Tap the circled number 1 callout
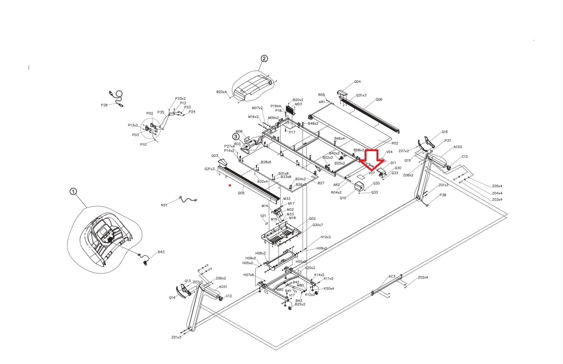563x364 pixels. [73, 191]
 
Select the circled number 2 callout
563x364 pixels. [264, 59]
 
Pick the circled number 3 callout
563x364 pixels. [236, 137]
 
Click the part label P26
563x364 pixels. [104, 105]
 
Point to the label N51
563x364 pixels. [164, 205]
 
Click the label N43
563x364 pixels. [161, 252]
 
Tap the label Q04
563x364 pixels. [357, 82]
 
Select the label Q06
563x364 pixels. [379, 99]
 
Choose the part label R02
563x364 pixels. [395, 143]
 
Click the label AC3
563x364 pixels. [392, 276]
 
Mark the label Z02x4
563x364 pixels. [423, 277]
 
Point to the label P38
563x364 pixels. [443, 195]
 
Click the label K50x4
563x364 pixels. [329, 288]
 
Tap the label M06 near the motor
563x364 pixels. [239, 132]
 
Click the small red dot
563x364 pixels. [230, 185]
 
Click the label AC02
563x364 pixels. [458, 147]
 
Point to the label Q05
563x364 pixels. [241, 193]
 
